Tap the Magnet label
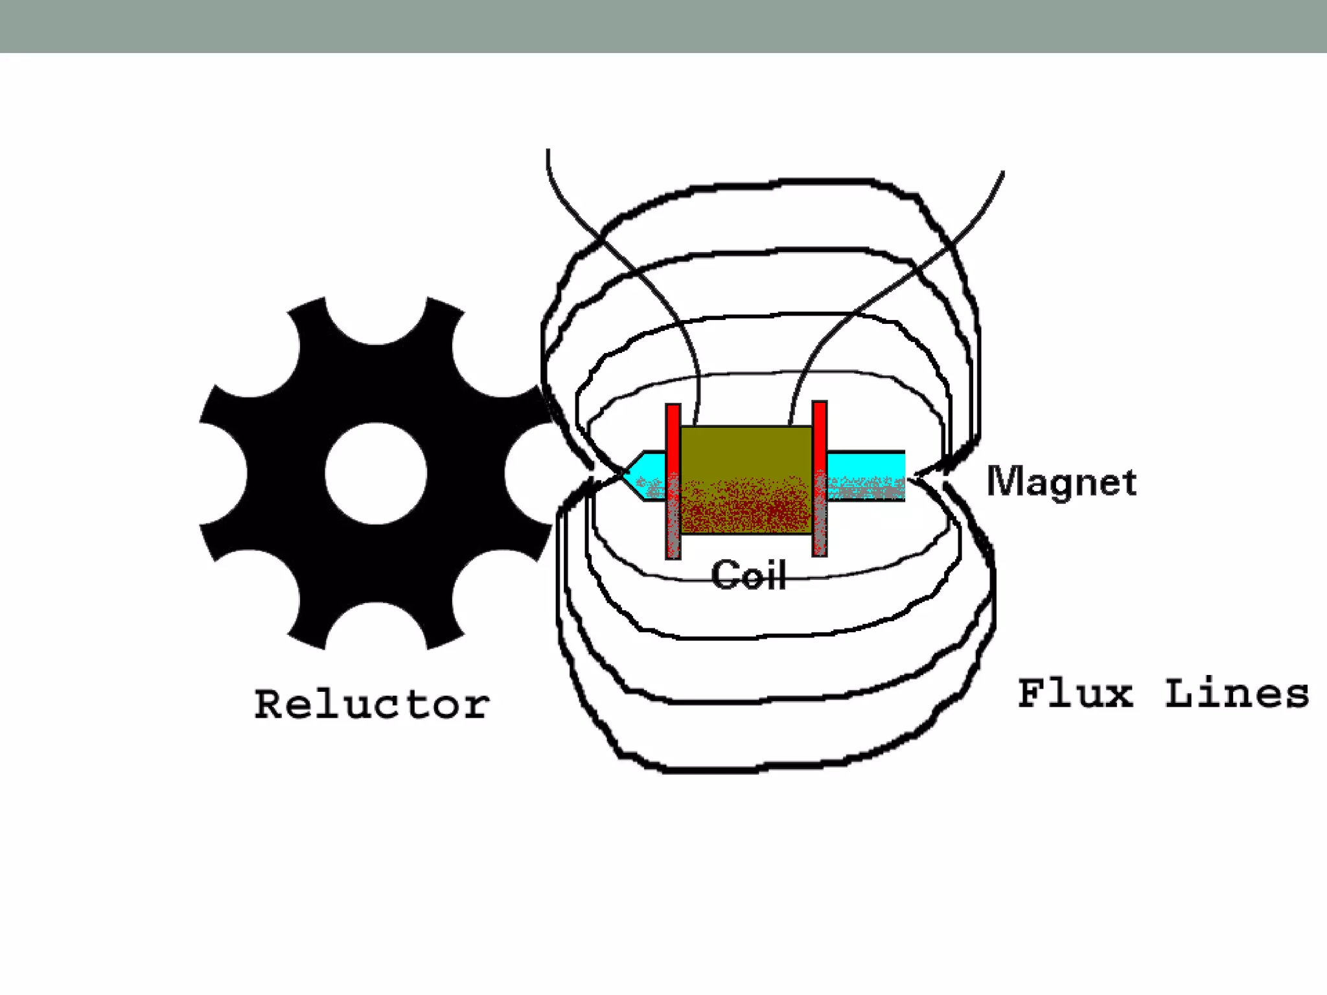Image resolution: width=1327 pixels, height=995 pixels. (1061, 482)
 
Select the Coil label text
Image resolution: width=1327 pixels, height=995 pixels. (748, 575)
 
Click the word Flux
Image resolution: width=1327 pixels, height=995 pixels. (1075, 694)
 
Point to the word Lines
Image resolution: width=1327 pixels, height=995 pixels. (1236, 694)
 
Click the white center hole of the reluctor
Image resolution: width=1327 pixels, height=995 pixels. (376, 474)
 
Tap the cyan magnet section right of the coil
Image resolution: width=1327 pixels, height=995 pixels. (865, 466)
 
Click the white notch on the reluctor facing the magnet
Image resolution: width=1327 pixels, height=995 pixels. (528, 474)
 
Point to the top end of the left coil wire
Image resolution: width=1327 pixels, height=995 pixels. (548, 152)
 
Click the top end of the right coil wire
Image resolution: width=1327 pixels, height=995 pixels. (1002, 174)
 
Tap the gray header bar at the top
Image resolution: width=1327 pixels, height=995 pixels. (663, 26)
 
